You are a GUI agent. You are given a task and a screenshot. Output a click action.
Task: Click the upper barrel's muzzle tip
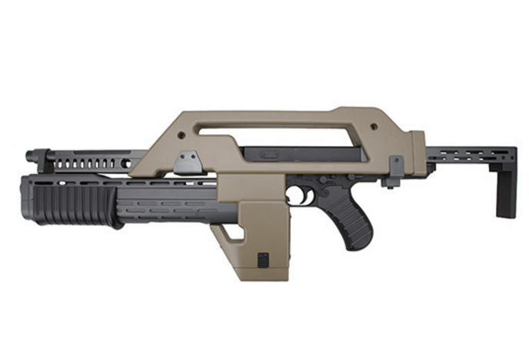pos(29,156)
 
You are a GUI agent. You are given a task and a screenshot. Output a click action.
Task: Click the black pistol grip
pos(354,220)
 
